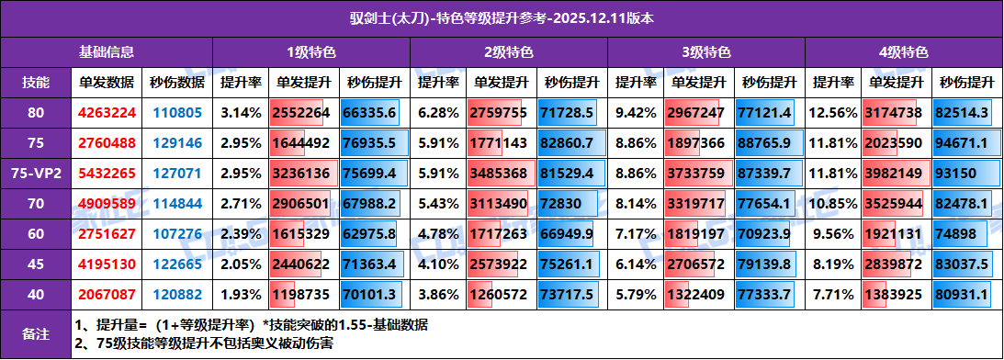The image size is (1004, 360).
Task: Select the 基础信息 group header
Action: coord(107,52)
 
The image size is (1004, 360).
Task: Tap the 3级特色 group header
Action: coord(706,52)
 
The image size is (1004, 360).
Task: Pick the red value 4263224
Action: coord(107,112)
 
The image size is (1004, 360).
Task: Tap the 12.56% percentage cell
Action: coord(832,112)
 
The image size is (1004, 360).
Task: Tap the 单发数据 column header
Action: coord(107,82)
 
